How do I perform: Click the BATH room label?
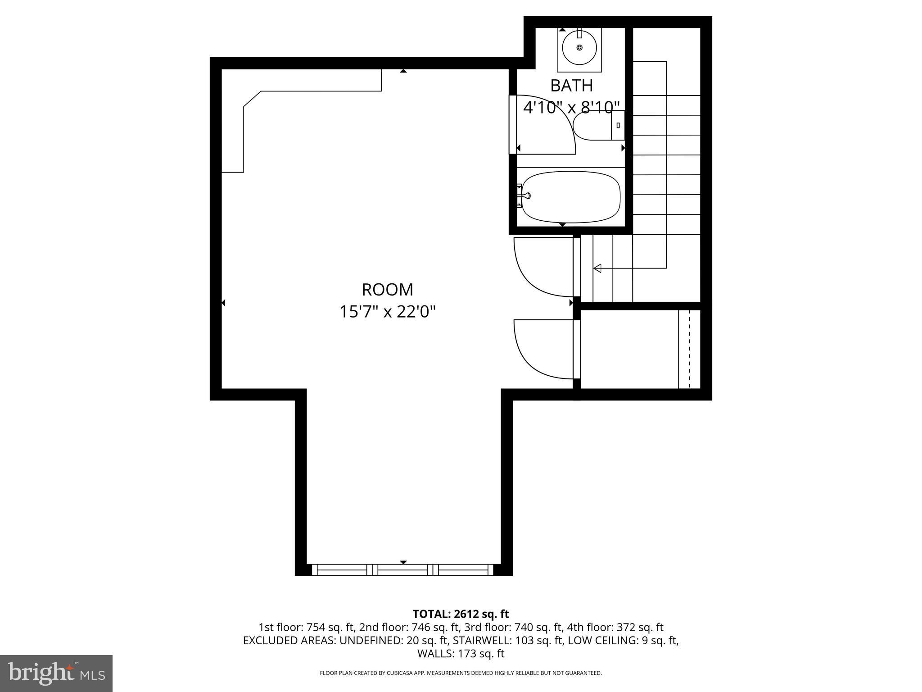[571, 85]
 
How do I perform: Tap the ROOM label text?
[387, 290]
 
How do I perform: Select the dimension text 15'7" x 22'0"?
[387, 312]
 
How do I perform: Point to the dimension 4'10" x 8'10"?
[571, 108]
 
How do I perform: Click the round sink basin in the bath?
[579, 47]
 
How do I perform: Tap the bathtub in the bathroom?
[571, 197]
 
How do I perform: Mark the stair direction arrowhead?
[597, 269]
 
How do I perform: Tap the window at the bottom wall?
[403, 570]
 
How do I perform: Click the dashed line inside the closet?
[689, 349]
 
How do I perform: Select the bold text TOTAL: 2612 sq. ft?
[461, 614]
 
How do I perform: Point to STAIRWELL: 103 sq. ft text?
[508, 640]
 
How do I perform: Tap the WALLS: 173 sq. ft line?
[461, 653]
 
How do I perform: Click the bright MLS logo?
[56, 674]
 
